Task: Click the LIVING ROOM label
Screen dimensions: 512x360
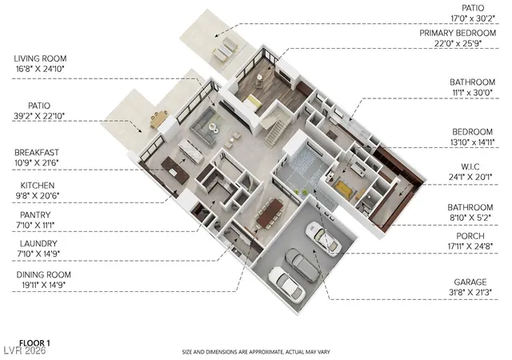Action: click(40, 59)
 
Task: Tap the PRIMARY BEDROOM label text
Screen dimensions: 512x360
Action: click(458, 33)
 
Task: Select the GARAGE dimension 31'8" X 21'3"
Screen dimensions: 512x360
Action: click(470, 292)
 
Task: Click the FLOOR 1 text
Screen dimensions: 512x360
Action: click(34, 343)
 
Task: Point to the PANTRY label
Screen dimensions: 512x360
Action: click(35, 215)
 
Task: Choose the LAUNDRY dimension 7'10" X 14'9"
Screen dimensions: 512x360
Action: click(38, 254)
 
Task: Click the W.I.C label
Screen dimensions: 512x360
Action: click(470, 167)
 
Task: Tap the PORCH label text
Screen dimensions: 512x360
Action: click(470, 236)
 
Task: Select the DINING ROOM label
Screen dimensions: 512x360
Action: click(43, 274)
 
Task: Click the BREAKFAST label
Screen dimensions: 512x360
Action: click(37, 153)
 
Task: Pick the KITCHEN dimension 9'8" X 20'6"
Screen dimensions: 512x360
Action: click(38, 196)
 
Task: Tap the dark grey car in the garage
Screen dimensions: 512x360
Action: click(302, 265)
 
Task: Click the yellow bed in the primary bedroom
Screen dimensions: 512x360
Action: click(253, 102)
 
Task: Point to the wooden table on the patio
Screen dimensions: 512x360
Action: click(159, 118)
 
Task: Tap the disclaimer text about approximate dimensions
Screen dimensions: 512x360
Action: click(256, 352)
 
